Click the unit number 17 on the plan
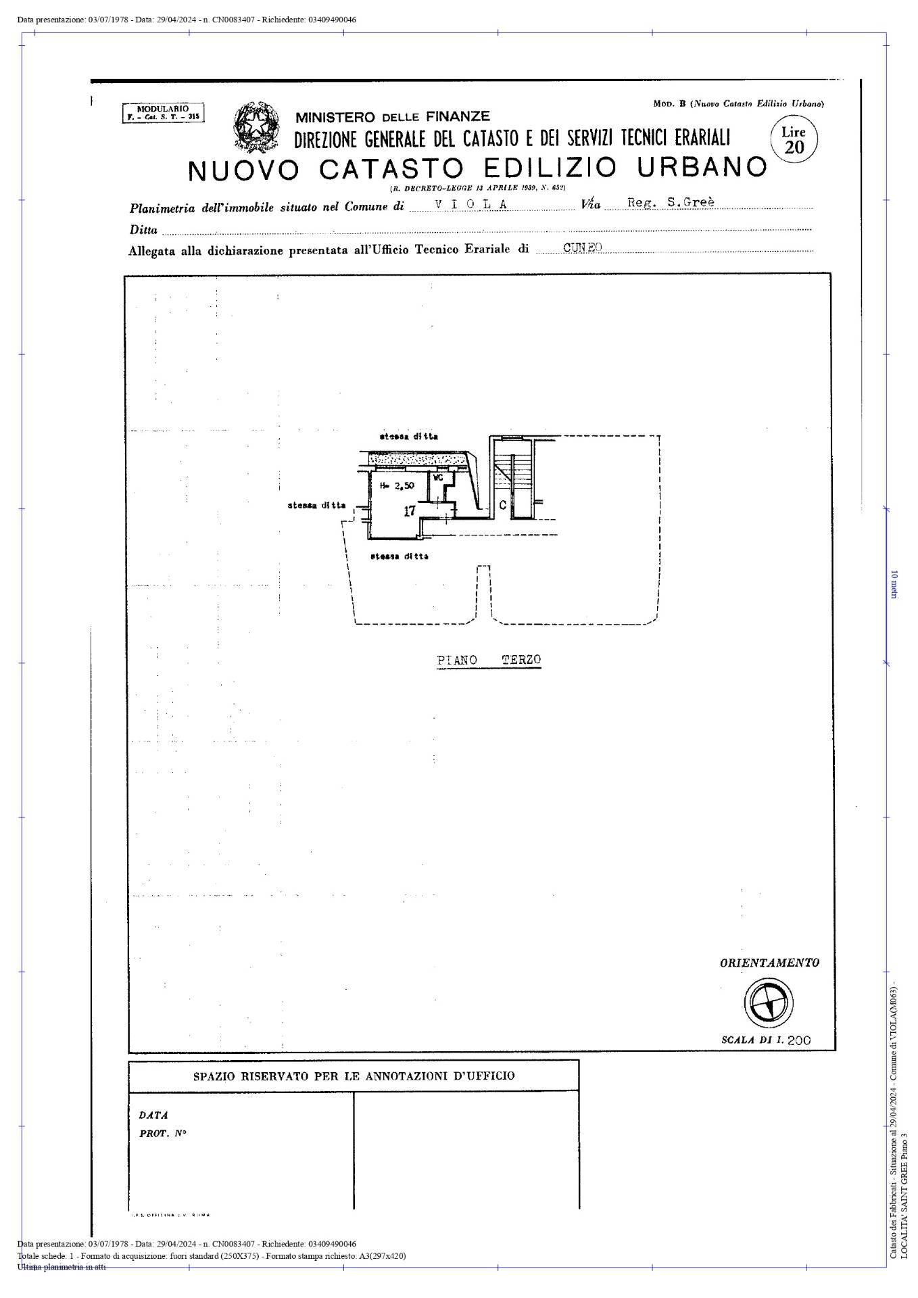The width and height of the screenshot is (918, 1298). coord(410,511)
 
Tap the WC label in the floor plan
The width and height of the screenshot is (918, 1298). coord(437,478)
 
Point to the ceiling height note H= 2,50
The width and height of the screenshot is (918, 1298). coord(397,485)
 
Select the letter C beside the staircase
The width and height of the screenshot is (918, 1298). coord(502,504)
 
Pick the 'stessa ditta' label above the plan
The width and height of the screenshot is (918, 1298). coord(408,437)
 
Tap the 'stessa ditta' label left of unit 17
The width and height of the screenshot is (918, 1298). coord(316,505)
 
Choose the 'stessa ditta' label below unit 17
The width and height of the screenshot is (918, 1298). coord(399,556)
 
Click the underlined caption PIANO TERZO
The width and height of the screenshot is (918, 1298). coord(489,660)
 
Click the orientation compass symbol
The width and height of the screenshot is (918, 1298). coord(769,1001)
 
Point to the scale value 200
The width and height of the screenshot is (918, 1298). coord(798,1040)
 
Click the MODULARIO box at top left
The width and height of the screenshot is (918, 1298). coord(163,112)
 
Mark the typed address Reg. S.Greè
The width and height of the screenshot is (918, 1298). coord(671,202)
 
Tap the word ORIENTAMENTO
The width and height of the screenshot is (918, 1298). coord(769,963)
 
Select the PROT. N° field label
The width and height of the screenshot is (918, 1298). coord(163,1134)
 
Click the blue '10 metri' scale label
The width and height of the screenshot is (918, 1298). coord(894,584)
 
